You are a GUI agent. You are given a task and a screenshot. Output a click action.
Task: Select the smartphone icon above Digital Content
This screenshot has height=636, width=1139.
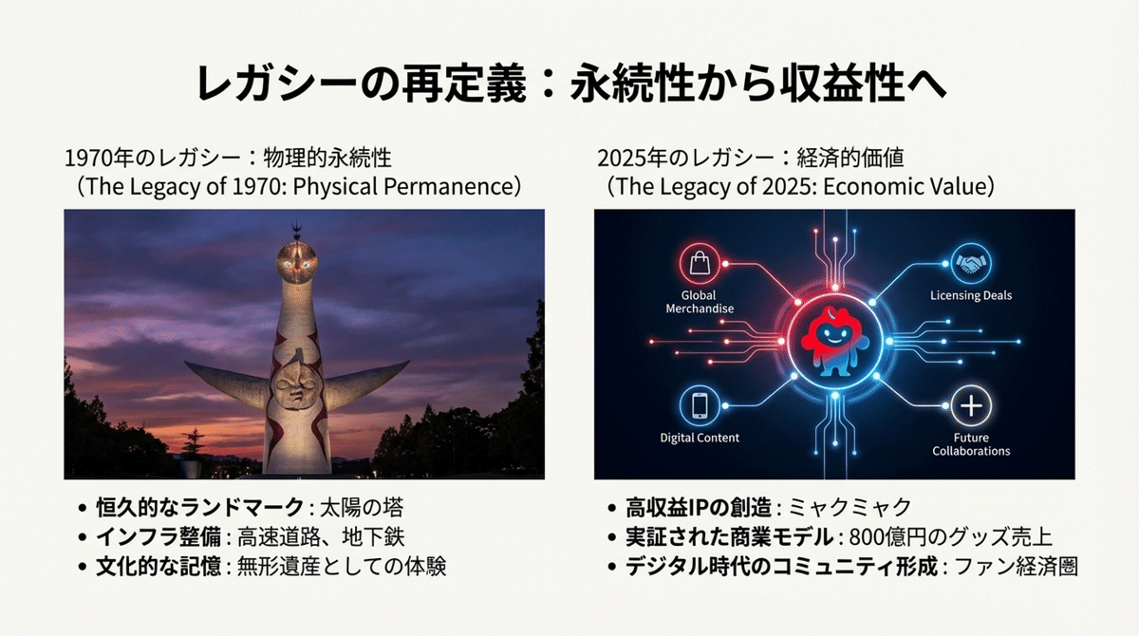(700, 405)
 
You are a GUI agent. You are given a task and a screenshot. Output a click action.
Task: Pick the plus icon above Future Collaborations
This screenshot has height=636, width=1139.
(970, 405)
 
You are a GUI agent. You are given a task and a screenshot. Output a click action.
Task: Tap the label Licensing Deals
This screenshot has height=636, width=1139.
(970, 296)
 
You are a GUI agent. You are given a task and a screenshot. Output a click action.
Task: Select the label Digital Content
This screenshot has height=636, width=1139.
(700, 438)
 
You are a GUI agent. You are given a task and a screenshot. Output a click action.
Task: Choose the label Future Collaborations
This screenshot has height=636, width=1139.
(970, 443)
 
